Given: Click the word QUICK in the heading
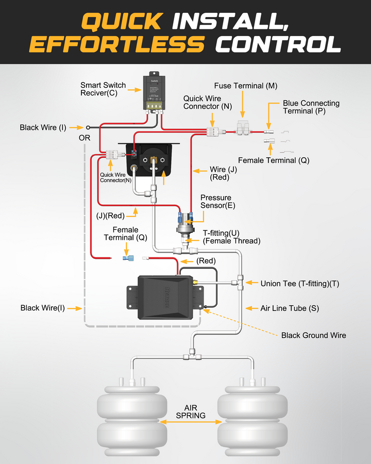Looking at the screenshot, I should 122,21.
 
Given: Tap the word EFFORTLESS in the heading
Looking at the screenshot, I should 116,44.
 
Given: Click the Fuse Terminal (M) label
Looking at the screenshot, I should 246,86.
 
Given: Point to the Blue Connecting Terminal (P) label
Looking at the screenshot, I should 311,107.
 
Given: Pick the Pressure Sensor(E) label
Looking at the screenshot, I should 215,202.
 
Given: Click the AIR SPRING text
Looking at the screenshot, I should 191,412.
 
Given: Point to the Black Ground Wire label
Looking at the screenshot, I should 313,336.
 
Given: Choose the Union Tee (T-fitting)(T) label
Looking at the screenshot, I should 300,283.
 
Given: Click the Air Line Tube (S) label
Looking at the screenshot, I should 290,308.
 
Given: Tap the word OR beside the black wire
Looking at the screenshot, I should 85,138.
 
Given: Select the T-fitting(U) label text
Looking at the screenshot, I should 222,233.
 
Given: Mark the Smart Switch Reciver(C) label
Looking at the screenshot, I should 103,89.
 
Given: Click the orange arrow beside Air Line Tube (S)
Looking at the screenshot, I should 251,308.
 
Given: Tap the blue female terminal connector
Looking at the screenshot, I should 126,258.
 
